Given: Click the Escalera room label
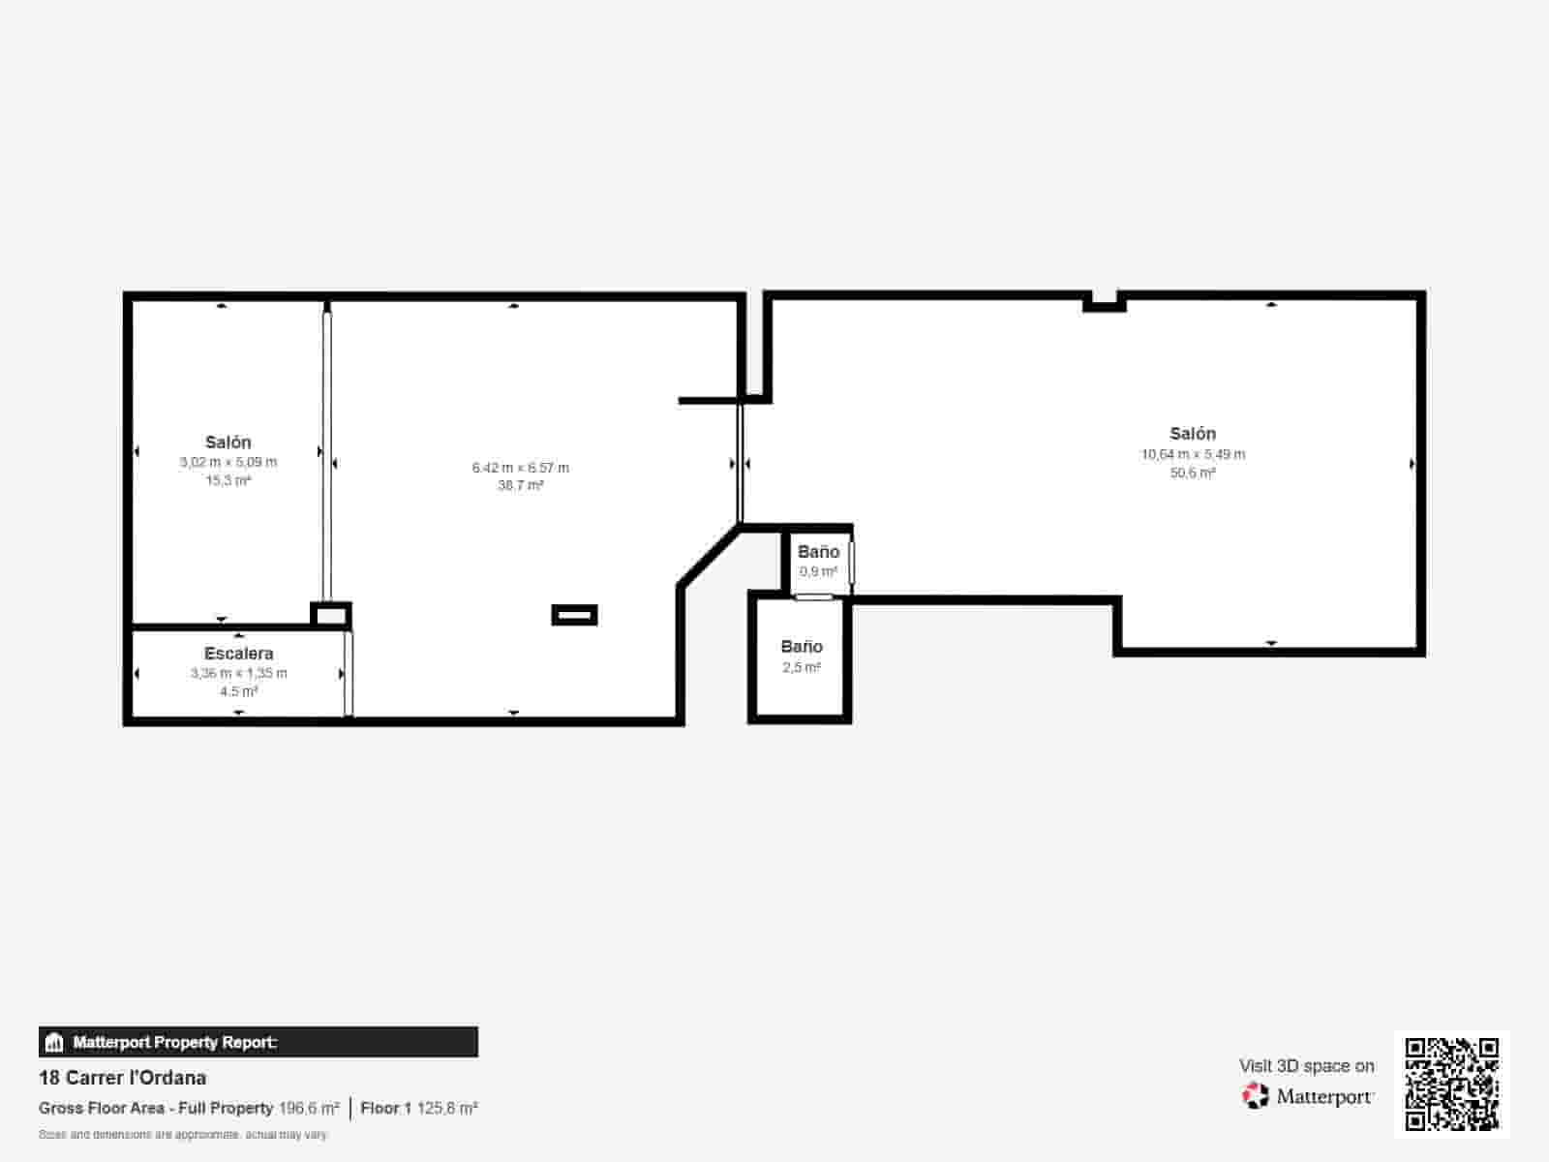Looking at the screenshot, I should tap(238, 654).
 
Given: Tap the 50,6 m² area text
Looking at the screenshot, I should tap(1193, 473).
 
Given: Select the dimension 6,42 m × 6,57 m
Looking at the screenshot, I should tap(520, 468).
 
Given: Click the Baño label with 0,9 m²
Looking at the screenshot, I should tap(818, 552).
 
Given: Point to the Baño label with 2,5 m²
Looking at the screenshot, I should tap(802, 647).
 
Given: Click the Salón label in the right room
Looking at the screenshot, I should tap(1193, 434).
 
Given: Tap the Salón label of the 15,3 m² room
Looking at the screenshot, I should tap(228, 443).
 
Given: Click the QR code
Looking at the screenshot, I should tap(1451, 1084).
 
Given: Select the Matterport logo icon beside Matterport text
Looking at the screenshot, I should tap(1256, 1096).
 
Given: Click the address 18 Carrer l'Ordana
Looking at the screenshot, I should tap(123, 1078).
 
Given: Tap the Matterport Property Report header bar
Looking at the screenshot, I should tap(258, 1042).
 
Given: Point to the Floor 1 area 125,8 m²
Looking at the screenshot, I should tap(419, 1108).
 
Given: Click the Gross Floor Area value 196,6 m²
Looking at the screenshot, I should tap(309, 1108).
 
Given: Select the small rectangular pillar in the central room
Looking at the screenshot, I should tap(574, 615).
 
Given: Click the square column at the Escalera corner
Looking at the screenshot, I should tap(330, 615).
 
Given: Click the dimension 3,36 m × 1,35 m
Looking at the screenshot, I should tap(238, 673).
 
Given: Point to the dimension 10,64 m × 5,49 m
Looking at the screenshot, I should tap(1193, 454).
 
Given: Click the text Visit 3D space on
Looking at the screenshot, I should tap(1306, 1066).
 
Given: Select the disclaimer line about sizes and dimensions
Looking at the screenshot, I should tap(183, 1134).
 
